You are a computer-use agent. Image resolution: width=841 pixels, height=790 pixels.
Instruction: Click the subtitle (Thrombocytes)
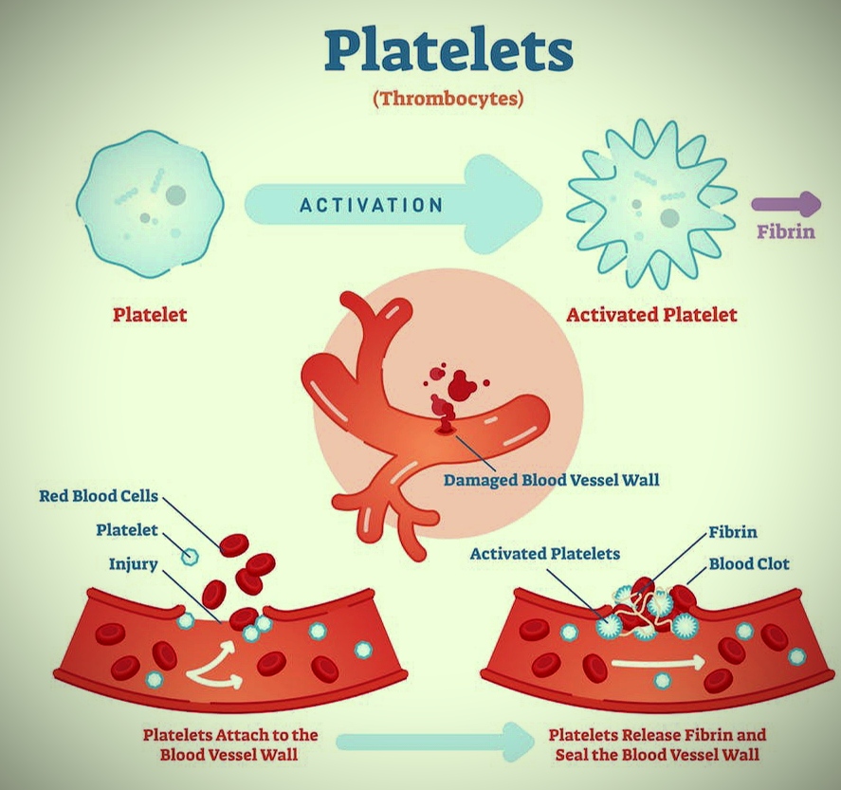(x=448, y=98)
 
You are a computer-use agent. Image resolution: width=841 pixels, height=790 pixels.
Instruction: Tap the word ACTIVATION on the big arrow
(x=372, y=205)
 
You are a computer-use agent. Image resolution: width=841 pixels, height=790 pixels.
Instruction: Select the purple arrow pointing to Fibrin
(x=787, y=203)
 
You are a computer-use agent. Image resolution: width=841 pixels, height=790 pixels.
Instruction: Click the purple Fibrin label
(x=785, y=230)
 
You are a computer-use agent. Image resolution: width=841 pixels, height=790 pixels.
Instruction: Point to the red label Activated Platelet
(x=650, y=315)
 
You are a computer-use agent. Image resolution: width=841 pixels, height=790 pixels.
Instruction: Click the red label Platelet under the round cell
(x=150, y=315)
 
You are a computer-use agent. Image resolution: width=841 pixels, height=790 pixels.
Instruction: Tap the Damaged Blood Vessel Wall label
(x=551, y=480)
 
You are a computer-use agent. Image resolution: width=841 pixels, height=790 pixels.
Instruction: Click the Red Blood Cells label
(x=99, y=495)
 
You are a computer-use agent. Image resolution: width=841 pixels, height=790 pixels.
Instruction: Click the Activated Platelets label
(x=544, y=553)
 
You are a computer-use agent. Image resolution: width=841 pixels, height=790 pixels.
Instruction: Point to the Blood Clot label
(x=749, y=564)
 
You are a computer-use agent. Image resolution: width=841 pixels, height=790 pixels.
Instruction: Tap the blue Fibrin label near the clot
(x=732, y=533)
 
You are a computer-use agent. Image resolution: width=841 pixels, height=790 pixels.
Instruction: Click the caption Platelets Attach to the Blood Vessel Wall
(x=230, y=744)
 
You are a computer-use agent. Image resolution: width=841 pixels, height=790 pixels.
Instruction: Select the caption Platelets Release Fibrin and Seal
(x=657, y=744)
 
